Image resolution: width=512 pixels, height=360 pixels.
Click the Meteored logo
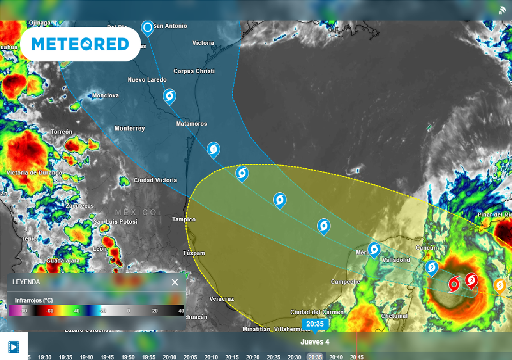(x=80, y=44)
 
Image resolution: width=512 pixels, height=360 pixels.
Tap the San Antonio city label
(x=170, y=26)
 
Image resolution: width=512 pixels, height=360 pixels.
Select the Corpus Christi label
(x=194, y=71)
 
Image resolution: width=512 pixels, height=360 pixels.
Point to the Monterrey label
(x=130, y=129)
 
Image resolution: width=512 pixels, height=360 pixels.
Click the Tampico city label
(x=184, y=220)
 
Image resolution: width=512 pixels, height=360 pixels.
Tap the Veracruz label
(x=221, y=299)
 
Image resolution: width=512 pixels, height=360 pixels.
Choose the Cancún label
(x=426, y=248)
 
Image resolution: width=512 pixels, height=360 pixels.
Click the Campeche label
(x=345, y=282)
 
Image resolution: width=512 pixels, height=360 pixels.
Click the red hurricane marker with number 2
(x=471, y=281)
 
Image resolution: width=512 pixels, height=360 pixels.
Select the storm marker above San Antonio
(x=147, y=27)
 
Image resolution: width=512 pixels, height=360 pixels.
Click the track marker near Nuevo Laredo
(x=170, y=96)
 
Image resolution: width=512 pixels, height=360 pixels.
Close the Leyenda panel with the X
(x=175, y=282)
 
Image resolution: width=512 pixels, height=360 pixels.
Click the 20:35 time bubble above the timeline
(x=315, y=324)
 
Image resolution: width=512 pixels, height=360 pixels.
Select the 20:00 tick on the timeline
(x=169, y=357)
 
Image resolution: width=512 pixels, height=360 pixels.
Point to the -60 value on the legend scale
(x=50, y=311)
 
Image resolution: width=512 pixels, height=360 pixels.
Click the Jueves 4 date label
(x=315, y=342)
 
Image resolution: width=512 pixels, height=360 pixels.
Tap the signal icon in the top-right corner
(x=503, y=10)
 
